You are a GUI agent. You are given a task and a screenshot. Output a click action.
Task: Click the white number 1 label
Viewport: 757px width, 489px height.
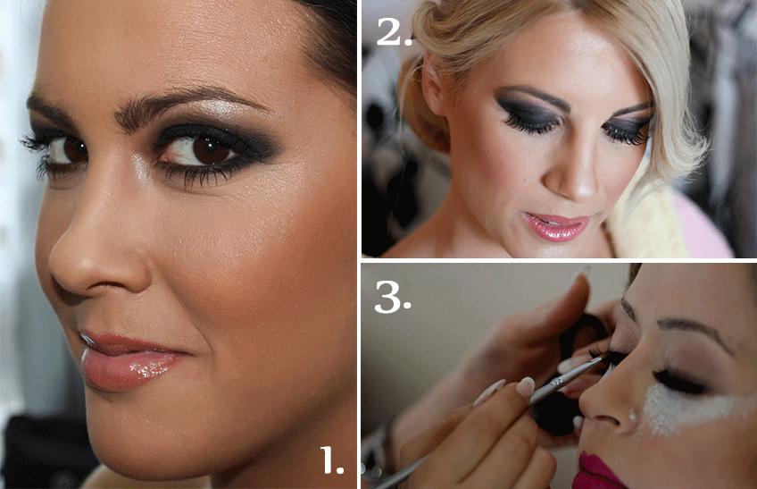[x=332, y=460]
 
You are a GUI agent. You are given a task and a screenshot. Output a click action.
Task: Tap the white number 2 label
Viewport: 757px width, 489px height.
[x=395, y=31]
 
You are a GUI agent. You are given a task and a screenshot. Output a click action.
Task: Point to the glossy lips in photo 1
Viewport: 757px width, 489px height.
[x=128, y=360]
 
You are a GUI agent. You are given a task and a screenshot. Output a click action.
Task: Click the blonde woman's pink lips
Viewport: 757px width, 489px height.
[x=557, y=226]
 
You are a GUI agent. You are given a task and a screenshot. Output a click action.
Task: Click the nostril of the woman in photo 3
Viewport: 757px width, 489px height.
[x=611, y=419]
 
